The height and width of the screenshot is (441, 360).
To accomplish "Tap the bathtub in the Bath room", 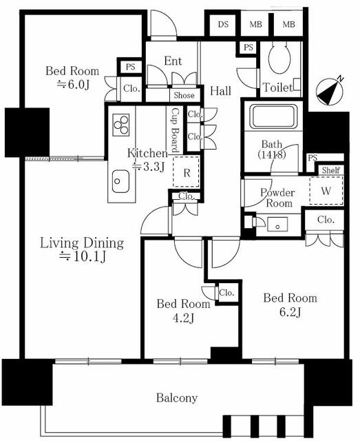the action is (273, 116).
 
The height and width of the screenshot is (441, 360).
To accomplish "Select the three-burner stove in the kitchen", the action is (121, 125).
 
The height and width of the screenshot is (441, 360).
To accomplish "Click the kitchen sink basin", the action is (120, 181).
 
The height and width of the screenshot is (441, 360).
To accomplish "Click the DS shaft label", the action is (223, 25).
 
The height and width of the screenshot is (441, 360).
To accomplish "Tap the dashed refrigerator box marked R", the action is (187, 172).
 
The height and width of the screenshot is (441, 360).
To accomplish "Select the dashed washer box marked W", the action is (326, 190).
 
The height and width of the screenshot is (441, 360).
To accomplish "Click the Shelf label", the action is (331, 170).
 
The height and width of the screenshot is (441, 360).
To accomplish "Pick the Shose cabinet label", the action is (184, 95).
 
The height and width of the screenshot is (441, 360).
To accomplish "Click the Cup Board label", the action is (175, 130).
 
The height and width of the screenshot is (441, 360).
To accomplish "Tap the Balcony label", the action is (177, 398).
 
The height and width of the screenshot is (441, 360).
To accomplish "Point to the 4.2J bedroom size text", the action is (184, 318).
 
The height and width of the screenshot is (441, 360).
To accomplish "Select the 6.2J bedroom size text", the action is (290, 311).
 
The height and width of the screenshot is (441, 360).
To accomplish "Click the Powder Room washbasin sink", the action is (277, 225).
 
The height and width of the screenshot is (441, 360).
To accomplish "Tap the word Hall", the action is (220, 91).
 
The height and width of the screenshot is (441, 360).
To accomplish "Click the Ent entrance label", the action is (173, 61).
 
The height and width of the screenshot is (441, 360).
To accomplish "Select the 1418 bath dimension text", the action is (272, 154).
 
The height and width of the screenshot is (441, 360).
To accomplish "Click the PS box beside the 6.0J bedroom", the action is (130, 67).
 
